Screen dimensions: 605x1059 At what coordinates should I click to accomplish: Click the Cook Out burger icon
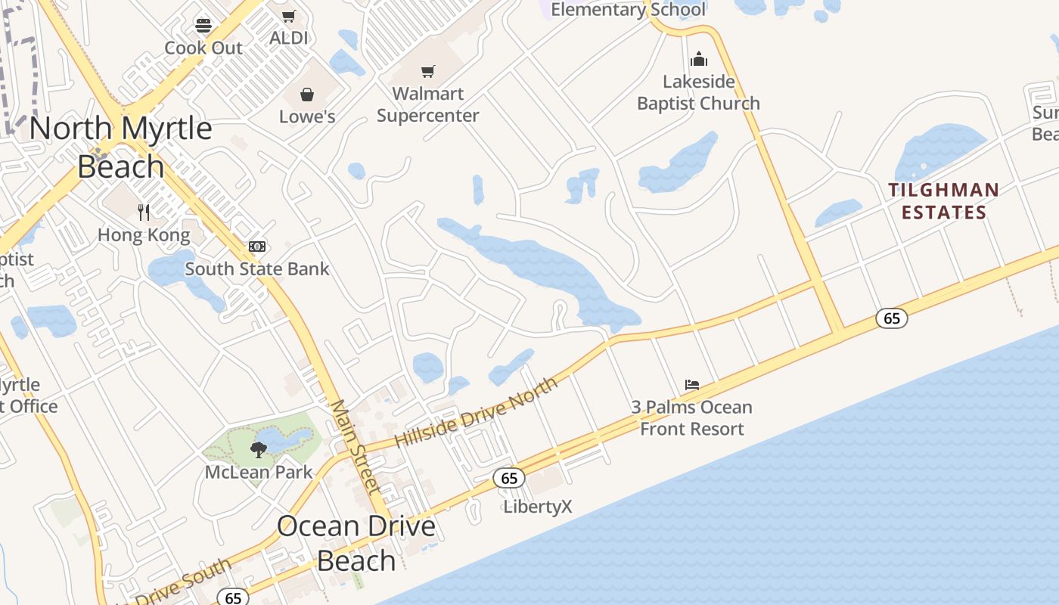pyautogui.click(x=203, y=26)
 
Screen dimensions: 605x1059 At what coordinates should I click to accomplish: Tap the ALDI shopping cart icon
pyautogui.click(x=288, y=16)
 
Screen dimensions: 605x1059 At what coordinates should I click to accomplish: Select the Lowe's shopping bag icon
pyautogui.click(x=307, y=95)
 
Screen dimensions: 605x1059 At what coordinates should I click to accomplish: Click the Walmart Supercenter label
pyautogui.click(x=428, y=105)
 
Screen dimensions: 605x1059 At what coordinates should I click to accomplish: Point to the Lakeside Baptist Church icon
pyautogui.click(x=698, y=59)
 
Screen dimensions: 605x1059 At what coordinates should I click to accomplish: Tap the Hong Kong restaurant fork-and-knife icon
pyautogui.click(x=144, y=212)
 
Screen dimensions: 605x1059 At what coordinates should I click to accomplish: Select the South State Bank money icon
pyautogui.click(x=257, y=247)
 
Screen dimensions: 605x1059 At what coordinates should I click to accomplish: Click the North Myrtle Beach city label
pyautogui.click(x=121, y=147)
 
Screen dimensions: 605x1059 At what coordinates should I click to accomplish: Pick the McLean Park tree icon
pyautogui.click(x=259, y=450)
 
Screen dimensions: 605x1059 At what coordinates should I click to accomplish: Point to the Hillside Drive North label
pyautogui.click(x=477, y=413)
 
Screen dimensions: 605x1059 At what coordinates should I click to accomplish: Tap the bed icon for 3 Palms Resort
pyautogui.click(x=692, y=384)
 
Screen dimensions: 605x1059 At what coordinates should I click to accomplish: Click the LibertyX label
pyautogui.click(x=538, y=507)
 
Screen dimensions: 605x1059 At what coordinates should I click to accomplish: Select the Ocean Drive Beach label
pyautogui.click(x=356, y=543)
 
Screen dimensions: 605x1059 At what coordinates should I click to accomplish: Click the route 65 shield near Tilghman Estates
pyautogui.click(x=892, y=318)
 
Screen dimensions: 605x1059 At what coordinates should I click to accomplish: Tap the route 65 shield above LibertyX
pyautogui.click(x=509, y=478)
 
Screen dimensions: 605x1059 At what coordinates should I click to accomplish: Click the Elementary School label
pyautogui.click(x=628, y=10)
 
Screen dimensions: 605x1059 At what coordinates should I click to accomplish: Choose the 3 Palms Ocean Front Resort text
pyautogui.click(x=692, y=418)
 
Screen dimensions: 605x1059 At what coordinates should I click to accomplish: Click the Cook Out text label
pyautogui.click(x=203, y=48)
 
